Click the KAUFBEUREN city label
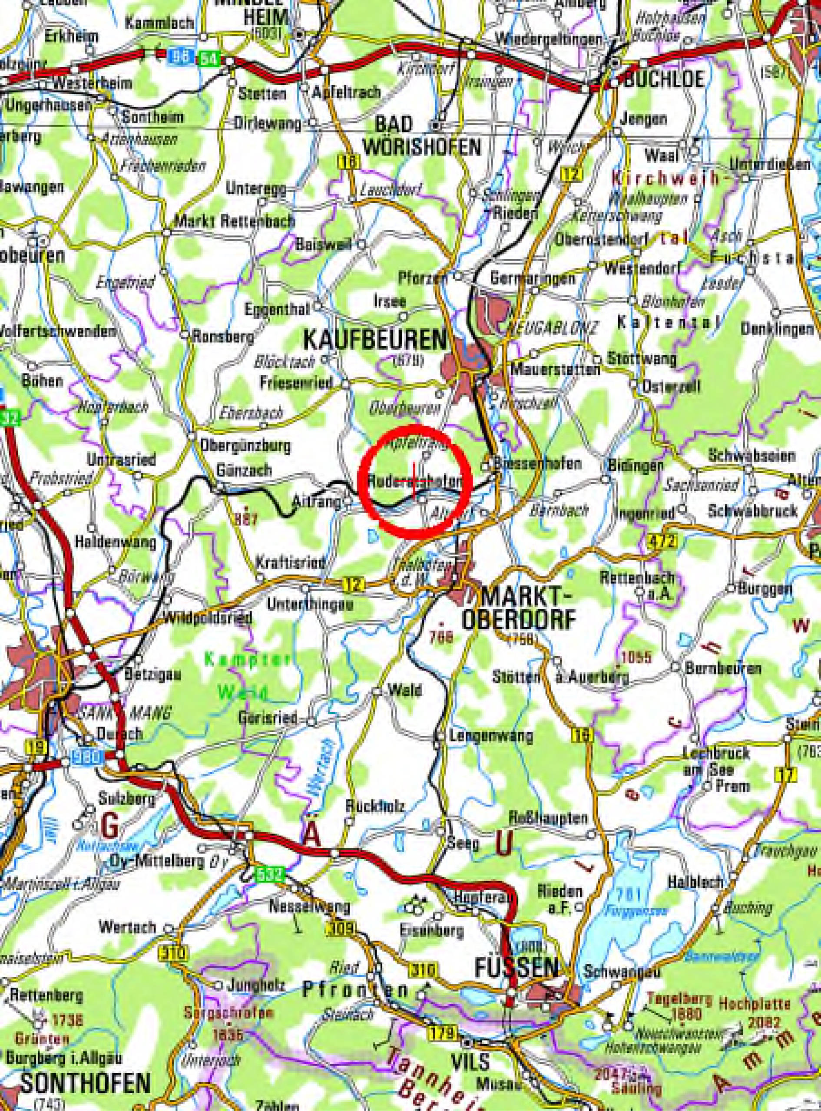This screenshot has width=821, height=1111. pos(375,340)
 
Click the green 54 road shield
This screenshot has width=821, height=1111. pos(209,59)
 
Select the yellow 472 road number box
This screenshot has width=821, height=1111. pos(662,542)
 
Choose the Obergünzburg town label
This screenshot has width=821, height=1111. pos(245,446)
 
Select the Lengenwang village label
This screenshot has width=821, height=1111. pos(490,736)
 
